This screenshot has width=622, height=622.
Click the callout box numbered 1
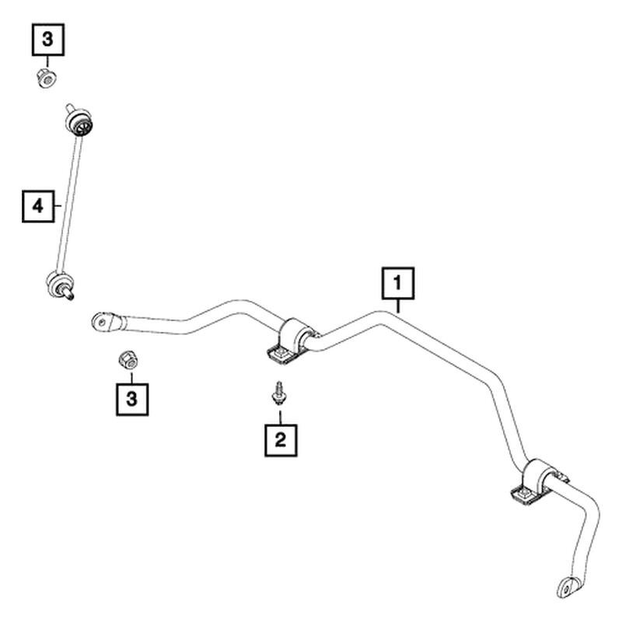(x=398, y=283)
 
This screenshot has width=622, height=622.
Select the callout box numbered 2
(x=281, y=440)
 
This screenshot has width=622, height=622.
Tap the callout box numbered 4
(x=38, y=206)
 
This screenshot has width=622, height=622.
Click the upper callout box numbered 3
(x=48, y=40)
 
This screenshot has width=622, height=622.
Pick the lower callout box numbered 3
(x=132, y=399)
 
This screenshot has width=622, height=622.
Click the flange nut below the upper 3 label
(x=47, y=79)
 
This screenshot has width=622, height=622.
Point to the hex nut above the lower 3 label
(x=128, y=359)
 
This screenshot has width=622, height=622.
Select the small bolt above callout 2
(x=280, y=393)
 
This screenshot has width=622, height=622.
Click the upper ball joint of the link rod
(x=79, y=122)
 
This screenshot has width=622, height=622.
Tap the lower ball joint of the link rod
(x=59, y=282)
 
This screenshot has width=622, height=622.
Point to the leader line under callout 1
(x=398, y=306)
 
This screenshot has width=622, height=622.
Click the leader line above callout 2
(x=281, y=417)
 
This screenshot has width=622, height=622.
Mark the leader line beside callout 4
(x=58, y=205)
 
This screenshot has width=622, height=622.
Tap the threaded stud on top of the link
(x=70, y=108)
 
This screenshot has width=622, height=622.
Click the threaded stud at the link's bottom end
(x=69, y=295)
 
